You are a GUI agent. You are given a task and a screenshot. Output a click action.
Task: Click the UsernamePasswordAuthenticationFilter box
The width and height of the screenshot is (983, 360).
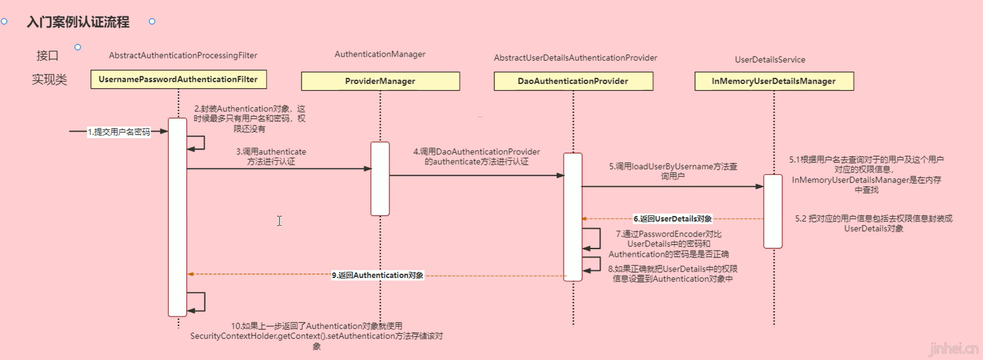coord(178,79)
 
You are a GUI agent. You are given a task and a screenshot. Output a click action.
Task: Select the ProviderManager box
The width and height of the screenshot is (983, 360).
coord(380,81)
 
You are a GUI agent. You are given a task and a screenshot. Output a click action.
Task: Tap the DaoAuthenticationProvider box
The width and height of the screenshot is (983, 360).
coord(573,81)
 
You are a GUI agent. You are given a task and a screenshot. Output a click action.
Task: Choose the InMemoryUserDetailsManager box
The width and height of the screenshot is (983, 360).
coord(774,81)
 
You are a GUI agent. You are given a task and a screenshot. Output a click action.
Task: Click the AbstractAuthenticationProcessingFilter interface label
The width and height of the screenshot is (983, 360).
coord(183,56)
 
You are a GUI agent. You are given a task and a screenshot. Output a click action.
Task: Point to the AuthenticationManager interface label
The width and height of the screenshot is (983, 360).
coord(380,54)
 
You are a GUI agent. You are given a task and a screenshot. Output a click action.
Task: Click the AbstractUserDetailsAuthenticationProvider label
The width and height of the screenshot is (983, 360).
coord(575,58)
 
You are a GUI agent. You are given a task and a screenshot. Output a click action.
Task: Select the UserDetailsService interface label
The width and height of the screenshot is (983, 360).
coord(770,60)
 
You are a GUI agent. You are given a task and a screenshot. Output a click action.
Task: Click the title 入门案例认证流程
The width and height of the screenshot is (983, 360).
coord(78,22)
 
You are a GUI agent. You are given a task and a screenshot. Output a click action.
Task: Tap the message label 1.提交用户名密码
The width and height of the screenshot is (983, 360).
coord(119,132)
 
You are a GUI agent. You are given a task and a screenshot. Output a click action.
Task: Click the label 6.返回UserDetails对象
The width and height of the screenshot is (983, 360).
coord(672,219)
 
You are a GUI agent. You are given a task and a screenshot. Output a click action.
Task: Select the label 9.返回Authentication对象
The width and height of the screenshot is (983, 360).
coord(377,276)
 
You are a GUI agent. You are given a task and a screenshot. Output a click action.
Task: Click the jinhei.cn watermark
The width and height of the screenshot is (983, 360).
coord(953,349)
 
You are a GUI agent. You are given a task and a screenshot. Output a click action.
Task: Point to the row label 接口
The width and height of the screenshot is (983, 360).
coord(47,56)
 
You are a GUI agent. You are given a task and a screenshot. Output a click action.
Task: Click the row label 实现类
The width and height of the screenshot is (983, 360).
coord(49,79)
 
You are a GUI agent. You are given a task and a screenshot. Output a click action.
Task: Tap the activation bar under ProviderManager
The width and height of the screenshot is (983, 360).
coord(380,179)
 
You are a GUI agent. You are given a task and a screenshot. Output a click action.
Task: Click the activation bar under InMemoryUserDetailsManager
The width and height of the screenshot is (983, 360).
coord(772,211)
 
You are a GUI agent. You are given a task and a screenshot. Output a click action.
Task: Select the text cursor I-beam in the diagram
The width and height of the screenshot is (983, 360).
coord(279,221)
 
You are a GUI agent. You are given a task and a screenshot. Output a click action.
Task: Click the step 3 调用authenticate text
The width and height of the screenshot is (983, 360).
coord(271,157)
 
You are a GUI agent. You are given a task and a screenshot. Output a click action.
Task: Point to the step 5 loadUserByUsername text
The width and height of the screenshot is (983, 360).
coord(673,171)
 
